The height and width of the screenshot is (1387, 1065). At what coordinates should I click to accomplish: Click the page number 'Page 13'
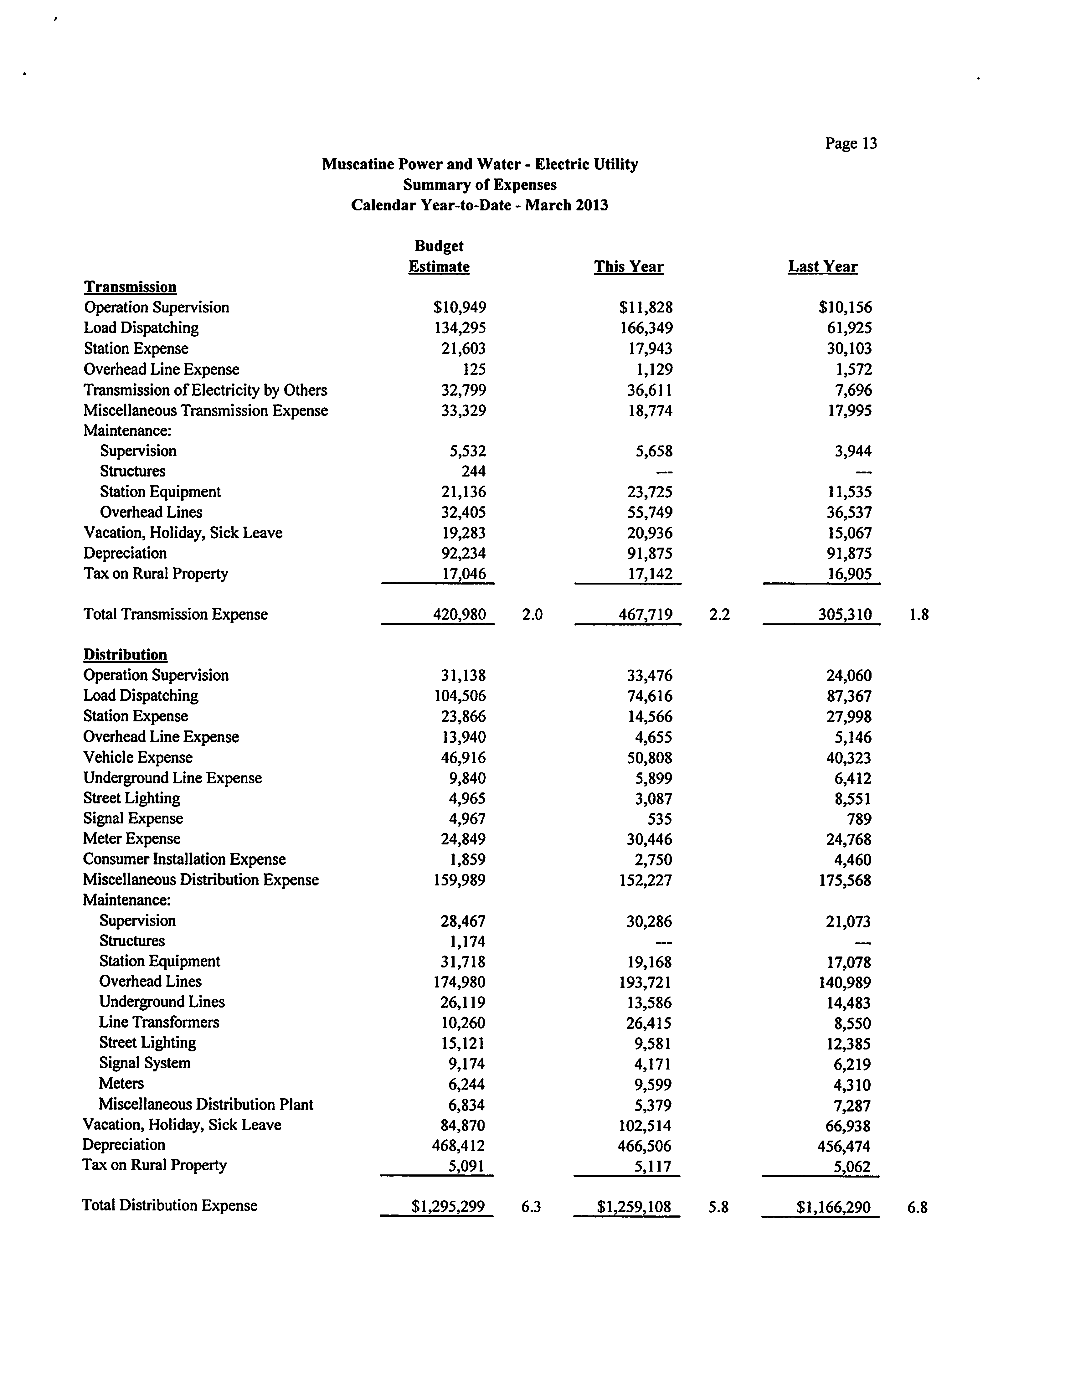coord(851,143)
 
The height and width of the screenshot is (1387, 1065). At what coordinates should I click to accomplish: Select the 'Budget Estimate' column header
coord(439,256)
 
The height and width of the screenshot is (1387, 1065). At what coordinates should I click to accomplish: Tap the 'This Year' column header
coord(628,267)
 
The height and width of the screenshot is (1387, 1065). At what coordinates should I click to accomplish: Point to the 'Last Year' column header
coord(822,267)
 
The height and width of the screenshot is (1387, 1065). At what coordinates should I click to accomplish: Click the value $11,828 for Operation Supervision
coord(645,307)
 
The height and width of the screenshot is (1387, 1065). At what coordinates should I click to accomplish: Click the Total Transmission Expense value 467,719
coord(645,614)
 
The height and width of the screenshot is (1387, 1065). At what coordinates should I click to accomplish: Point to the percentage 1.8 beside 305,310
coord(918,614)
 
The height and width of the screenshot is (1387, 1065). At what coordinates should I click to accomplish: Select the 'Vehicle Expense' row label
coord(137,757)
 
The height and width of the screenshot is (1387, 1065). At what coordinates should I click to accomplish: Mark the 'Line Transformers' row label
coord(159,1023)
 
